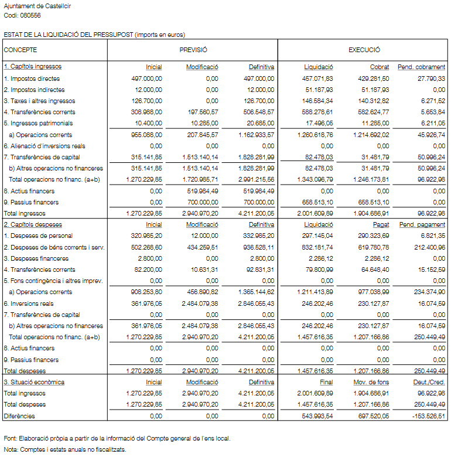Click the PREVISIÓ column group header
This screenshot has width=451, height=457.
(x=193, y=50)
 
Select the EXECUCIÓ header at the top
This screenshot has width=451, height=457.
(x=364, y=50)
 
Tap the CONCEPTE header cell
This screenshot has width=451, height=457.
(x=20, y=50)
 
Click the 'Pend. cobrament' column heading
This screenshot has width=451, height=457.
(x=421, y=67)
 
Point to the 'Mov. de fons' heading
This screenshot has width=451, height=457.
(x=371, y=382)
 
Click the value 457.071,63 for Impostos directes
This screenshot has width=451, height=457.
(x=318, y=79)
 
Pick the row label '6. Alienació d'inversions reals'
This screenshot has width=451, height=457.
(x=45, y=146)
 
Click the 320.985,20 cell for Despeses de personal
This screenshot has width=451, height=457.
(x=146, y=236)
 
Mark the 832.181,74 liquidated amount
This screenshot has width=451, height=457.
(x=318, y=247)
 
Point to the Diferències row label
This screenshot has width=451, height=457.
(x=19, y=416)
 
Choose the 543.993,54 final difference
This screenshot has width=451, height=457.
(x=318, y=416)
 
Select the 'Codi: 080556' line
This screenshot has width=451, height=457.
(x=22, y=15)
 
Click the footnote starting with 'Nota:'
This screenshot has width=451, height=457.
(x=64, y=449)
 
